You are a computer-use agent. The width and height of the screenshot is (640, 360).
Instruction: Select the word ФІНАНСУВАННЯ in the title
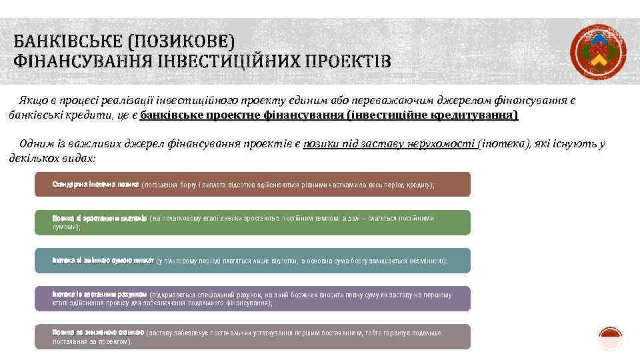[x=82, y=63]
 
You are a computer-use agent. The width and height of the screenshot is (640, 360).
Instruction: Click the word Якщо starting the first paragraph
[x=32, y=101]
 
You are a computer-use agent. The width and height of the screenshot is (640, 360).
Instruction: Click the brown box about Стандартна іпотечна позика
[x=253, y=184]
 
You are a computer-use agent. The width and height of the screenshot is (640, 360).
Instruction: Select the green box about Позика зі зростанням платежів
[x=253, y=223]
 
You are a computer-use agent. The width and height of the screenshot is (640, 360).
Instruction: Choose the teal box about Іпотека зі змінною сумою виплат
[x=253, y=261]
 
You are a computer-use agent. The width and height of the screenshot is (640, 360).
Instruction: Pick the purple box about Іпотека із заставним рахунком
[x=253, y=299]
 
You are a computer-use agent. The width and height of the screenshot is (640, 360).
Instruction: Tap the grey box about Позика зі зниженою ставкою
[x=253, y=337]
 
